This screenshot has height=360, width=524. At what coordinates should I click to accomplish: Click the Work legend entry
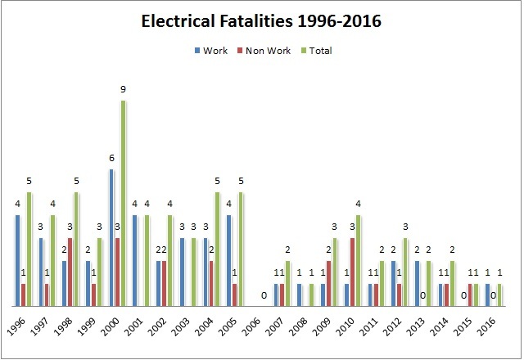215,51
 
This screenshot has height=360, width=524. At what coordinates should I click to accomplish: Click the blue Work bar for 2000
111,237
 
